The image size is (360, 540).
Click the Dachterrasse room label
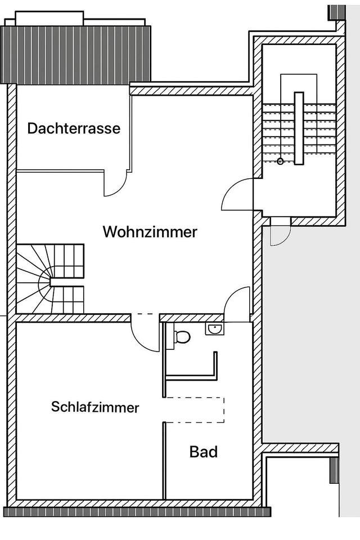point(74,128)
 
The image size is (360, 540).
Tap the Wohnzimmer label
point(150,232)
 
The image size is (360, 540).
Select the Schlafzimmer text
point(95,407)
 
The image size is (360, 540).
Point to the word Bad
point(203,451)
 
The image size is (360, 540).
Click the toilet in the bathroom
point(182,337)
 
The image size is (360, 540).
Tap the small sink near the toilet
point(214,329)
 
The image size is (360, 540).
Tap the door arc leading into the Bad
point(237,304)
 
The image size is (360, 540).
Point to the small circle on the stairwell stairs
point(280,161)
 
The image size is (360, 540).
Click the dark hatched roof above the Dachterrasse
point(78,54)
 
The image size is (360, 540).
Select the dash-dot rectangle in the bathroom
point(195,410)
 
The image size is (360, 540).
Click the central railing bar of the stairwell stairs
point(299,128)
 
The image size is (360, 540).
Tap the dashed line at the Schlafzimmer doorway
point(145,314)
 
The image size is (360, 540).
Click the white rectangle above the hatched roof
point(49,19)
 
